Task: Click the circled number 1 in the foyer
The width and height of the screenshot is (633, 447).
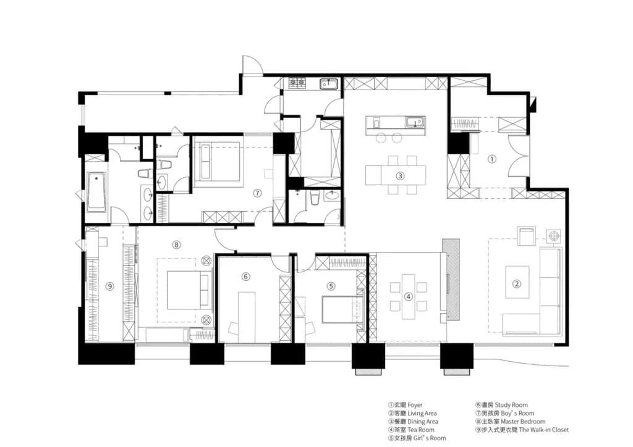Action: pyautogui.click(x=491, y=159)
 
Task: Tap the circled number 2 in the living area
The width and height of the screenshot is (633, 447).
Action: pyautogui.click(x=517, y=283)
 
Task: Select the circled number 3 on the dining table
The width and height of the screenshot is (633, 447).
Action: pyautogui.click(x=400, y=176)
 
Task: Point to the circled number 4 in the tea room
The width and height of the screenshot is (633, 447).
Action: pyautogui.click(x=409, y=296)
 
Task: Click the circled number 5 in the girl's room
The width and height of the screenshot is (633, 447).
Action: pyautogui.click(x=331, y=286)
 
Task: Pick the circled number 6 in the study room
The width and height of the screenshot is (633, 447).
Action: pyautogui.click(x=246, y=277)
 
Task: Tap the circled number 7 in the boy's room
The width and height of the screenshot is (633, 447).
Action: pyautogui.click(x=258, y=193)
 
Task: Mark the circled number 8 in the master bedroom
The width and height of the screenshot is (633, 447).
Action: pyautogui.click(x=176, y=244)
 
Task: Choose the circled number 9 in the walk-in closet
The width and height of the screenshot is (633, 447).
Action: pyautogui.click(x=110, y=286)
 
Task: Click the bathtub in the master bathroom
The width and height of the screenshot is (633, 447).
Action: pyautogui.click(x=96, y=192)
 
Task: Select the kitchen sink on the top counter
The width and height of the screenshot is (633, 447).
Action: pyautogui.click(x=329, y=84)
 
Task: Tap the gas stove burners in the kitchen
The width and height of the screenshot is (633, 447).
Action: pyautogui.click(x=297, y=83)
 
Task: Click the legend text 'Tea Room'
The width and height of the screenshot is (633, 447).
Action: pyautogui.click(x=420, y=430)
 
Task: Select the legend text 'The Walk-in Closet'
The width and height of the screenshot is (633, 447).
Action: pyautogui.click(x=544, y=430)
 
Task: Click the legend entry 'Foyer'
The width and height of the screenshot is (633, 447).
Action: pyautogui.click(x=415, y=404)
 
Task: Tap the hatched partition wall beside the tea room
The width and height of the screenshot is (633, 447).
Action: pyautogui.click(x=451, y=279)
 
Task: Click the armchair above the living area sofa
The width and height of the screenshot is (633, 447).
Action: pyautogui.click(x=527, y=236)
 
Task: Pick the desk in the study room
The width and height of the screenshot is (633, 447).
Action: pyautogui.click(x=246, y=317)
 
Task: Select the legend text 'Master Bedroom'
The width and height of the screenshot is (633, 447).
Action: pyautogui.click(x=523, y=421)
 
